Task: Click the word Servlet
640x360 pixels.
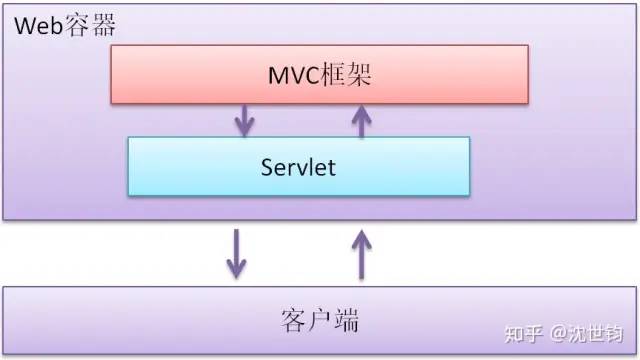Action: [x=298, y=166]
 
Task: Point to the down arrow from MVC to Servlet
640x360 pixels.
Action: [x=242, y=120]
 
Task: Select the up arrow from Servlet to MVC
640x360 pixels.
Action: [x=361, y=119]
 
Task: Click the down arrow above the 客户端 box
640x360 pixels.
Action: [x=236, y=253]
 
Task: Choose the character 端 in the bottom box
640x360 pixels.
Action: [x=347, y=321]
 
